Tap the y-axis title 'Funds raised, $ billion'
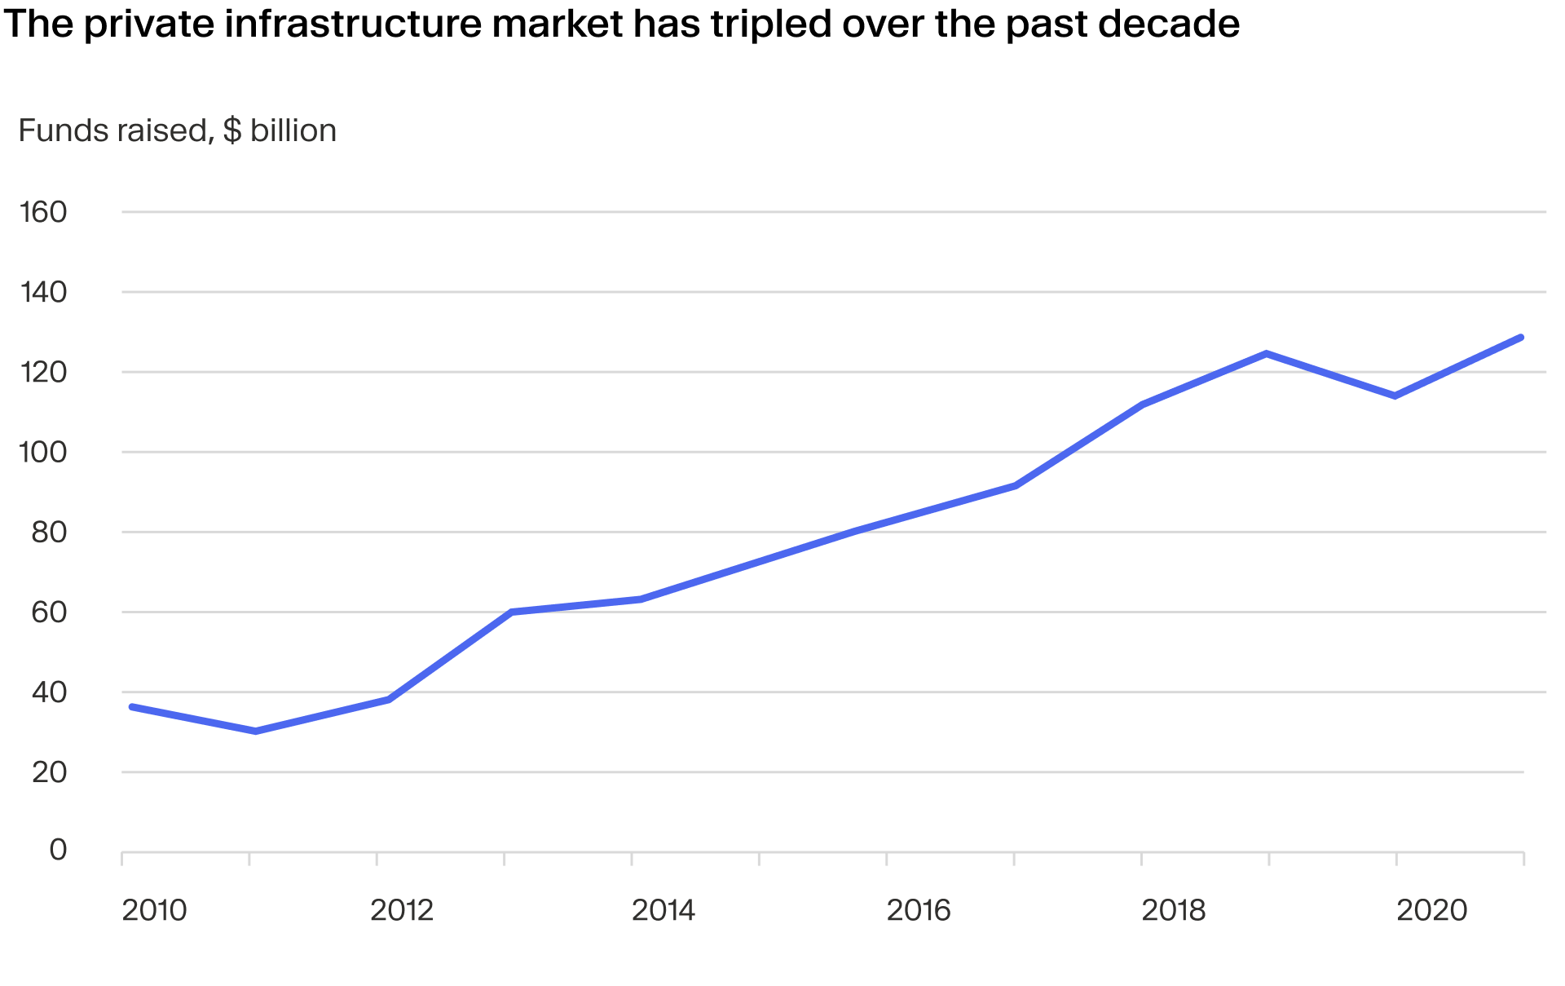click(177, 130)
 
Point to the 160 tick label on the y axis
click(43, 212)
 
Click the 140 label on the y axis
click(43, 292)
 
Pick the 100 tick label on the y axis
click(43, 452)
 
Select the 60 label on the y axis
click(49, 612)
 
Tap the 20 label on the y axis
click(49, 772)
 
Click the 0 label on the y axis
click(58, 850)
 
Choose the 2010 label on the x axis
click(154, 910)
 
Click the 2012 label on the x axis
click(402, 910)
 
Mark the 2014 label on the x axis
click(663, 910)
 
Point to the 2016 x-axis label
click(919, 910)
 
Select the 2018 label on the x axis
click(1174, 910)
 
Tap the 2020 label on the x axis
click(1432, 910)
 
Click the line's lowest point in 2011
click(256, 732)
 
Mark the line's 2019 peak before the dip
click(1267, 354)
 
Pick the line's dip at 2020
click(1395, 396)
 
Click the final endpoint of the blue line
click(1521, 338)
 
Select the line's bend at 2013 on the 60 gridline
click(511, 612)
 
